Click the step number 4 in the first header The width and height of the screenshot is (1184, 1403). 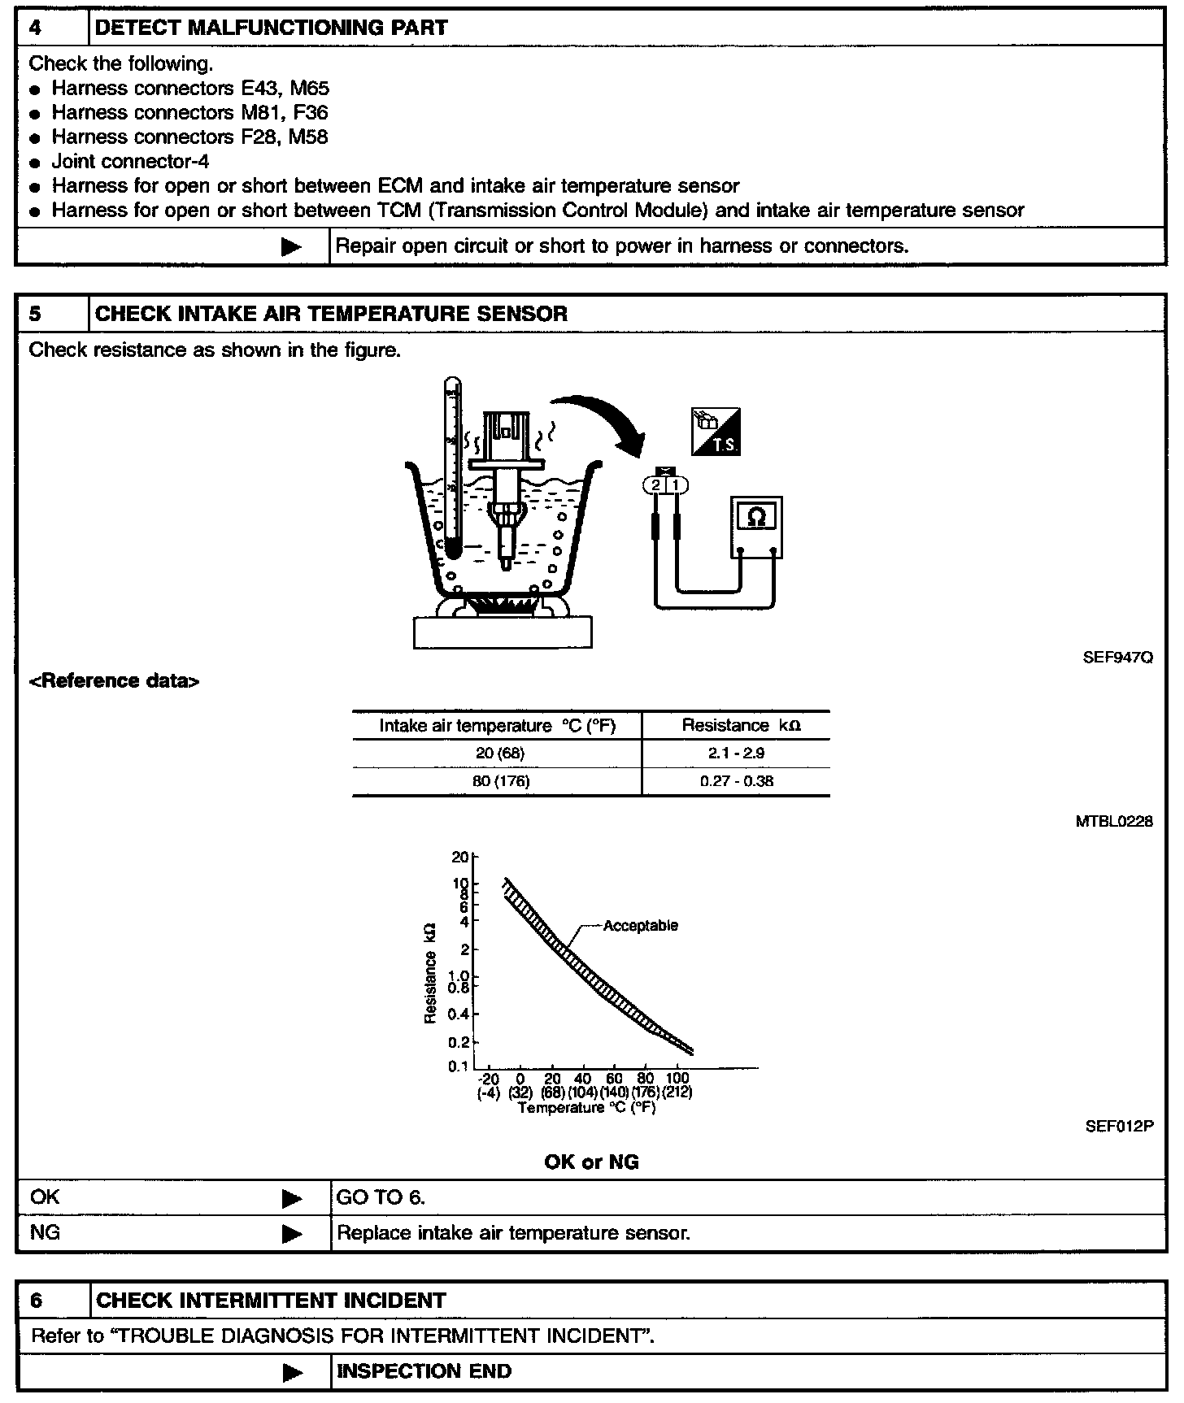point(36,28)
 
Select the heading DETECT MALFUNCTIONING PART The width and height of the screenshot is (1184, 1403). point(271,28)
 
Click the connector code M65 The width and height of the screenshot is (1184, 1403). point(310,88)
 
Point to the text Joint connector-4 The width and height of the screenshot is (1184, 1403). point(130,161)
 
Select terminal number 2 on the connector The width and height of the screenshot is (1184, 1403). point(655,485)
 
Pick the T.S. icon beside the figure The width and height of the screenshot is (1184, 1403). point(715,432)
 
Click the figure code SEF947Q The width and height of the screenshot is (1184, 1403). point(1117,658)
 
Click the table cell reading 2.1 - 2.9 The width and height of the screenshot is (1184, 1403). point(736,754)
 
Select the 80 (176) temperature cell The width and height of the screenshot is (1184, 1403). point(501,782)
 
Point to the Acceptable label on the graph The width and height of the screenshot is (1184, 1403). point(641,925)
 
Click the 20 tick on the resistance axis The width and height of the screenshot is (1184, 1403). point(461,857)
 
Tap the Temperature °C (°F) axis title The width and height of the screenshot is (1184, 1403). point(586,1107)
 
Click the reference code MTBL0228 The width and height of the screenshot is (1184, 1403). point(1114,822)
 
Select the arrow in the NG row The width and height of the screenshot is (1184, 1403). point(292,1233)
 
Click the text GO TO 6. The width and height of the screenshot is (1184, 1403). point(381,1197)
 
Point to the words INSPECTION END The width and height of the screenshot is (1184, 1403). point(424,1371)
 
